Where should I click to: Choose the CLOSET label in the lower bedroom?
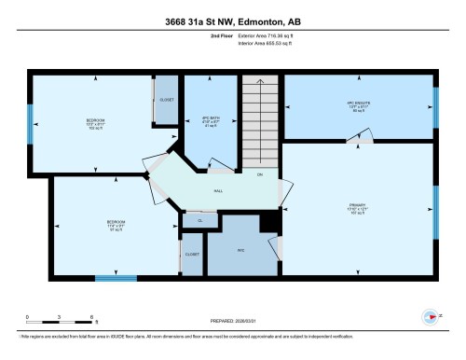coord(192,253)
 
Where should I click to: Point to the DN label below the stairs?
coord(260,174)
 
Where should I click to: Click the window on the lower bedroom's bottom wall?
coord(116,277)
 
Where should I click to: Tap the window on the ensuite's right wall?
coord(435,100)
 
